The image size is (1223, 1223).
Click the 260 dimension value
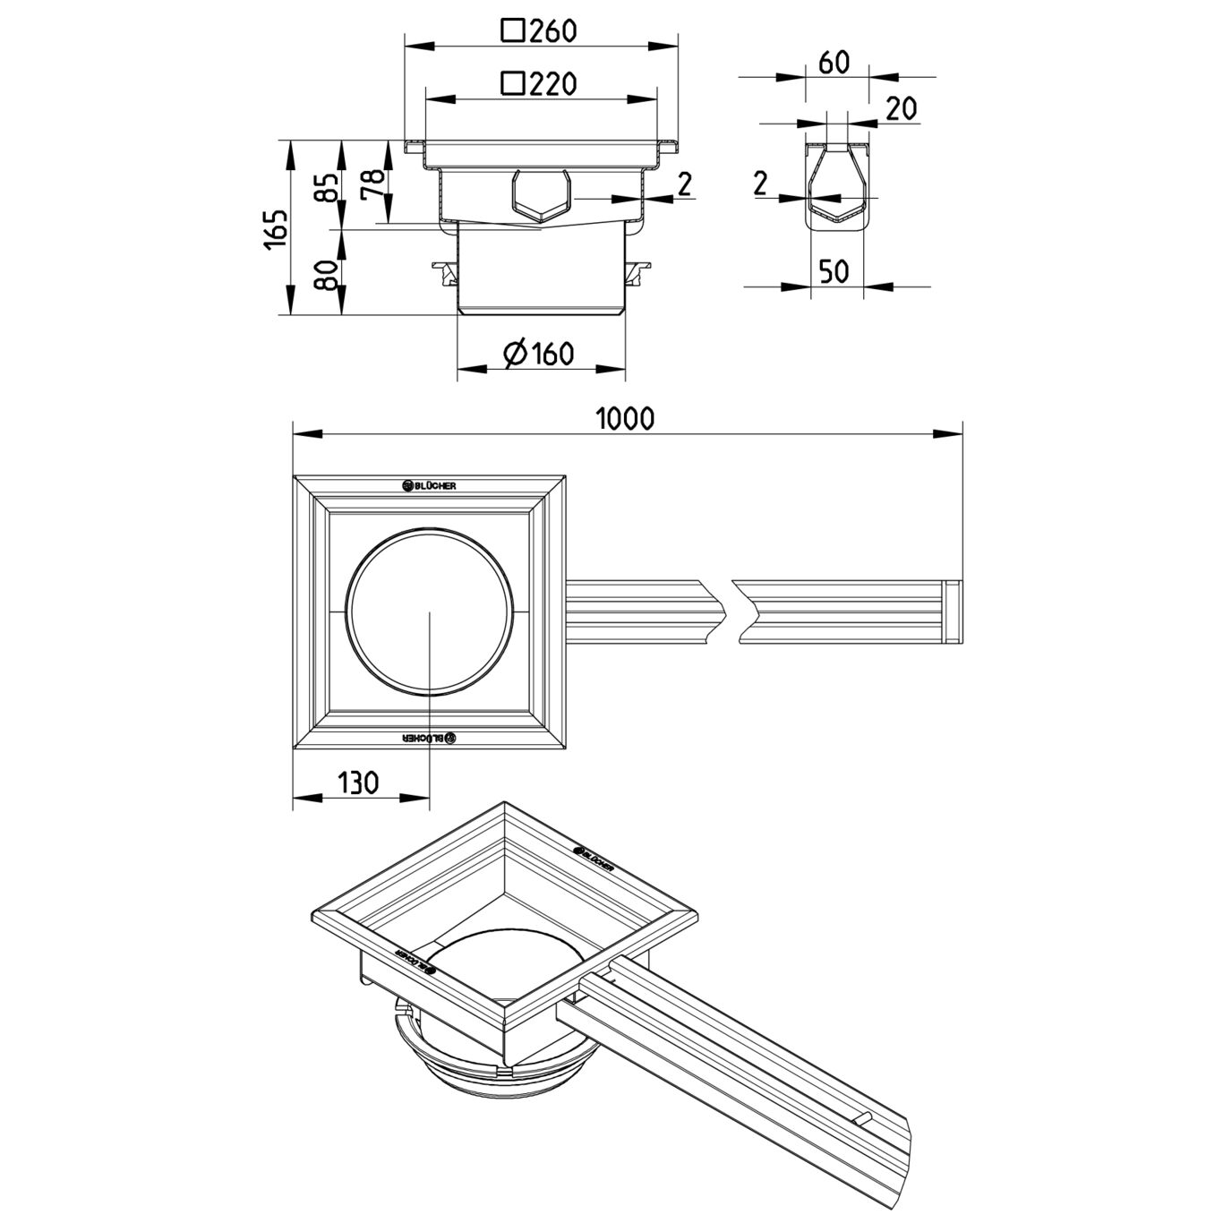(x=552, y=32)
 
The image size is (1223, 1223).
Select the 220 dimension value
(x=552, y=84)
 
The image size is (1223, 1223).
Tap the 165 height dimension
(x=276, y=228)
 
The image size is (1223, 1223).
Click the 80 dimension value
(x=329, y=273)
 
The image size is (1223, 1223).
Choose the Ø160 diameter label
(x=539, y=355)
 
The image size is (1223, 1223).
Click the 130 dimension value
(x=357, y=783)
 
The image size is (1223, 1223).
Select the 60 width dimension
(x=833, y=63)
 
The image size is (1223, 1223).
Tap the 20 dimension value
(x=902, y=108)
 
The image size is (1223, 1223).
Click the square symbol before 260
(x=512, y=32)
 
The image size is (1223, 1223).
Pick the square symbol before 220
(x=512, y=84)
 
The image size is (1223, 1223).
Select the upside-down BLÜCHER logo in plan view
(x=430, y=738)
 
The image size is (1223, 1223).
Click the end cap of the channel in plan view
(x=954, y=611)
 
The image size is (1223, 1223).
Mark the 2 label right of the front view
(x=684, y=184)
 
